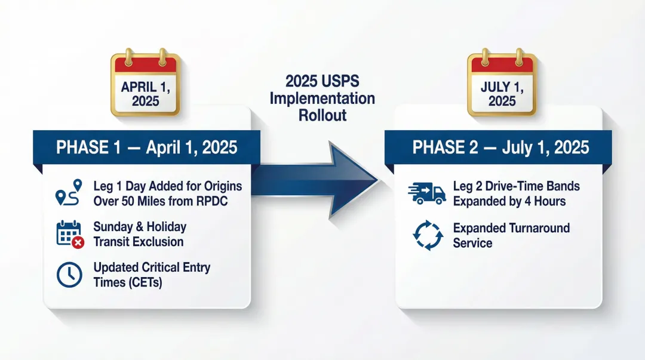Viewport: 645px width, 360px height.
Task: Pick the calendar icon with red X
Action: (x=69, y=234)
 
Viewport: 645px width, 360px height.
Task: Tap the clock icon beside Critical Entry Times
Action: (x=69, y=274)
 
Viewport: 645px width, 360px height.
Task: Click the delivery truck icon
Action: (x=427, y=193)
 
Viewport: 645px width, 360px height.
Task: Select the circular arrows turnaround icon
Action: (x=428, y=235)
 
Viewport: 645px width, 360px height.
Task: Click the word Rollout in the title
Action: (x=322, y=115)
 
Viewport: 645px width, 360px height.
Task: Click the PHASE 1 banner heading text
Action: (x=146, y=147)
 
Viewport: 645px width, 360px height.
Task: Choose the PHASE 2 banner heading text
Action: (x=500, y=147)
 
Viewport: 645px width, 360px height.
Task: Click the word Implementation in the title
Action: (x=322, y=98)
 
